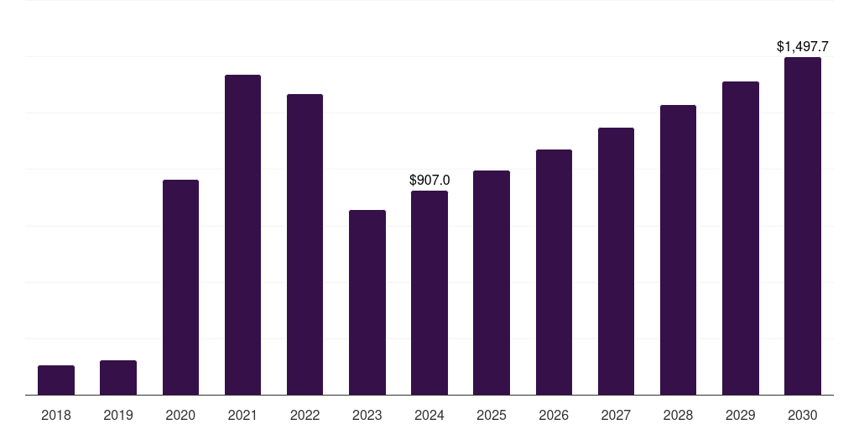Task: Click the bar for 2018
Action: tap(56, 380)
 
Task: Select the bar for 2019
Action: tap(118, 378)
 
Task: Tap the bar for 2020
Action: tap(180, 287)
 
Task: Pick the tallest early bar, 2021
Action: tap(242, 235)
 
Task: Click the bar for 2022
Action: tap(305, 244)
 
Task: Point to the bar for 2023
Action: tap(367, 302)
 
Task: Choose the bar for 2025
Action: tap(492, 283)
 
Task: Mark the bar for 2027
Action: tap(616, 261)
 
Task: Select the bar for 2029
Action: tap(741, 239)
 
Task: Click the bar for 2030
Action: tap(803, 226)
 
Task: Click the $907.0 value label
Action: tap(429, 180)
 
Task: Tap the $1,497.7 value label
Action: tap(803, 46)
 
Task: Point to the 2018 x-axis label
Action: tap(56, 415)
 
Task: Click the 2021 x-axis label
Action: tap(242, 415)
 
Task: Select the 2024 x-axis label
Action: tap(429, 415)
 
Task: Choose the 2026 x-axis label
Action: tap(554, 415)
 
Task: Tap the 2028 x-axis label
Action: tap(678, 415)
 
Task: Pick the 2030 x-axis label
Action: tap(803, 415)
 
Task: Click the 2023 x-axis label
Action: tap(367, 415)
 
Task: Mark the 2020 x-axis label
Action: tap(180, 415)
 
